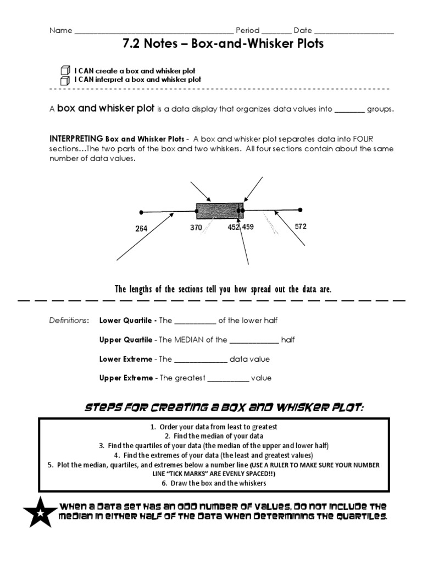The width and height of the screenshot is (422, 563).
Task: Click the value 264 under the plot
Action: [141, 229]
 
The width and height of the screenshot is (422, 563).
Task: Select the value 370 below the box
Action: [196, 228]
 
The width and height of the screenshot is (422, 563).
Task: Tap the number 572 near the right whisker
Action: [301, 226]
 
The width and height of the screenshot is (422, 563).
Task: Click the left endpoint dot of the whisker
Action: [141, 212]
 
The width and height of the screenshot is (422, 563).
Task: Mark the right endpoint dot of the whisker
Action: [300, 209]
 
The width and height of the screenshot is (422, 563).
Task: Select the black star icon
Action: [40, 512]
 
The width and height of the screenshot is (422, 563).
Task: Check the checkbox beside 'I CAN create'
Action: [65, 70]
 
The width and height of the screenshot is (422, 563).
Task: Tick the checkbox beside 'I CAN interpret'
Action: [65, 80]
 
